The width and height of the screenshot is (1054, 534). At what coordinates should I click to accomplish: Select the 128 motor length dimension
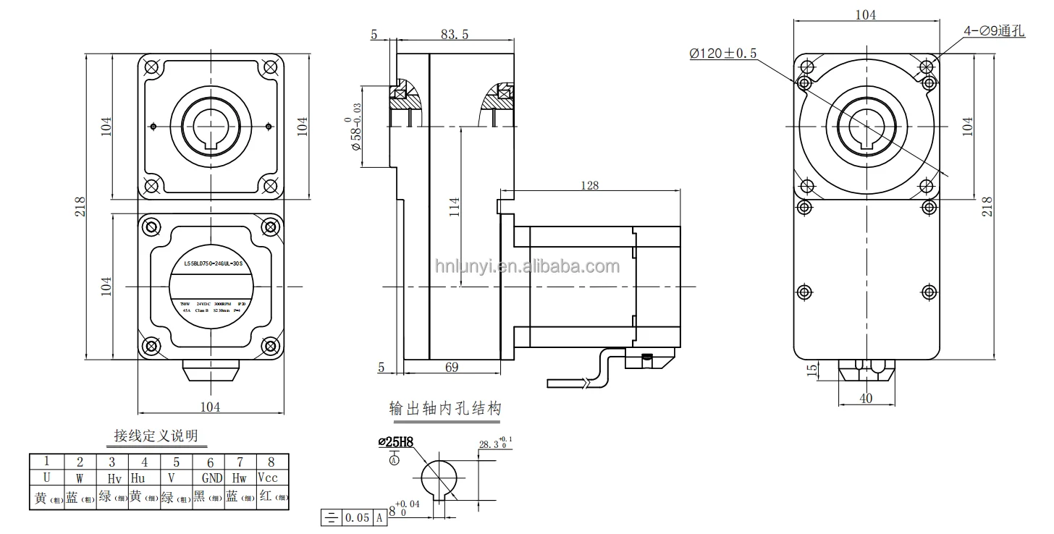coord(589,185)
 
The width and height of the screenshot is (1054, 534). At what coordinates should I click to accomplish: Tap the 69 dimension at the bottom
coord(451,368)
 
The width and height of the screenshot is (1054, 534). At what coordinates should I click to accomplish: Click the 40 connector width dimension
coord(867,397)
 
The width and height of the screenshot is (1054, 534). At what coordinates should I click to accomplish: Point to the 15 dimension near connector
coord(812,370)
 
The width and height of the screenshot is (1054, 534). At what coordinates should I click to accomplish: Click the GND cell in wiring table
coord(211,479)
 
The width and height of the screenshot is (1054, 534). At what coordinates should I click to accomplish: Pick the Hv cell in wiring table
coord(114,479)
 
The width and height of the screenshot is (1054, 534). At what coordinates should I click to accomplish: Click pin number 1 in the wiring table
coord(46,462)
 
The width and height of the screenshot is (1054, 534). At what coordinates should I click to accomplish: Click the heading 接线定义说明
coord(156,436)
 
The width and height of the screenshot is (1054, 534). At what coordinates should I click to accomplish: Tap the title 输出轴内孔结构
coord(444,409)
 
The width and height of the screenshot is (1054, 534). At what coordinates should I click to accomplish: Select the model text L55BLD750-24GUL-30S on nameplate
coord(211,266)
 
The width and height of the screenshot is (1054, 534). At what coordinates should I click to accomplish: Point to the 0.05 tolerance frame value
coord(357,517)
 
